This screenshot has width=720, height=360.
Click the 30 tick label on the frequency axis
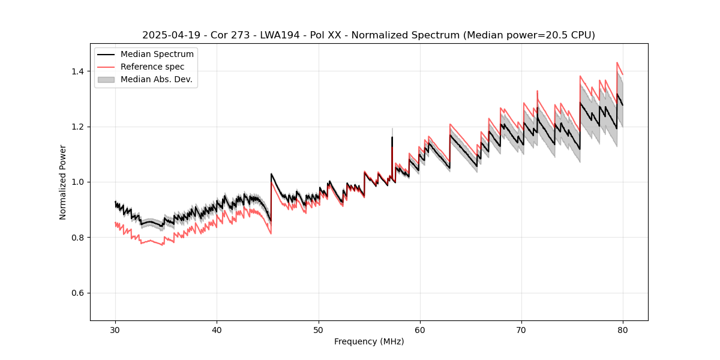(x=115, y=329)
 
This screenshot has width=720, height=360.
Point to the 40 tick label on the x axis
(x=217, y=329)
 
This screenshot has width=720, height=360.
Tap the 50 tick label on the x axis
(x=318, y=329)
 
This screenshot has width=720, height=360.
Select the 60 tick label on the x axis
(x=420, y=329)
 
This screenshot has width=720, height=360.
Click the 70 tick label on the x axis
(x=521, y=329)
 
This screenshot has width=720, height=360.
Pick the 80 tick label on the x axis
(x=623, y=329)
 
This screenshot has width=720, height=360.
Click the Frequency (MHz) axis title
(x=369, y=341)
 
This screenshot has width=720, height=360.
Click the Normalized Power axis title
(x=63, y=182)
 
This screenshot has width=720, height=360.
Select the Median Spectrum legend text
(x=157, y=55)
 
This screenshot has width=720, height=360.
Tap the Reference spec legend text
(x=152, y=67)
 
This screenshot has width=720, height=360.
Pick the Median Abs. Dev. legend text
(x=156, y=79)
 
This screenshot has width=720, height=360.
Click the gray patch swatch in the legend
(x=106, y=79)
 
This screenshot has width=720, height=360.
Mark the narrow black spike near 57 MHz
(x=392, y=141)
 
